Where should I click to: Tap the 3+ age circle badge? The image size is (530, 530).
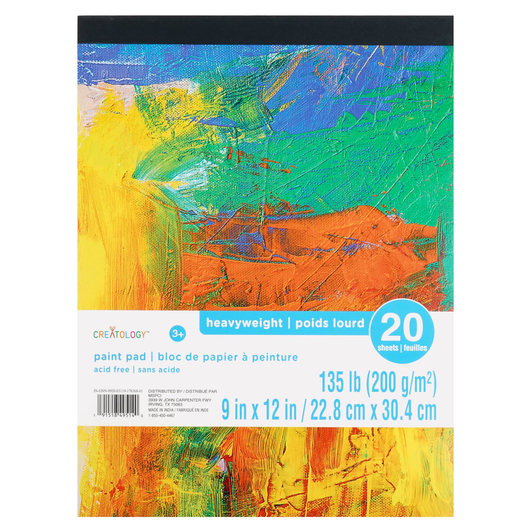pyautogui.click(x=178, y=334)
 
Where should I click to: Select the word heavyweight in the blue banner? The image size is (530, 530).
pyautogui.click(x=244, y=323)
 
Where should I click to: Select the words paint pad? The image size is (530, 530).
pyautogui.click(x=120, y=357)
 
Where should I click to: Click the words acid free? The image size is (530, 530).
pyautogui.click(x=112, y=370)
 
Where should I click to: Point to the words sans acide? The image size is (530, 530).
pyautogui.click(x=159, y=370)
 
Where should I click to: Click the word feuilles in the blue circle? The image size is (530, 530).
pyautogui.click(x=415, y=348)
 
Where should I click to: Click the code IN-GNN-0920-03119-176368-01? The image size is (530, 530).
pyautogui.click(x=118, y=391)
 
